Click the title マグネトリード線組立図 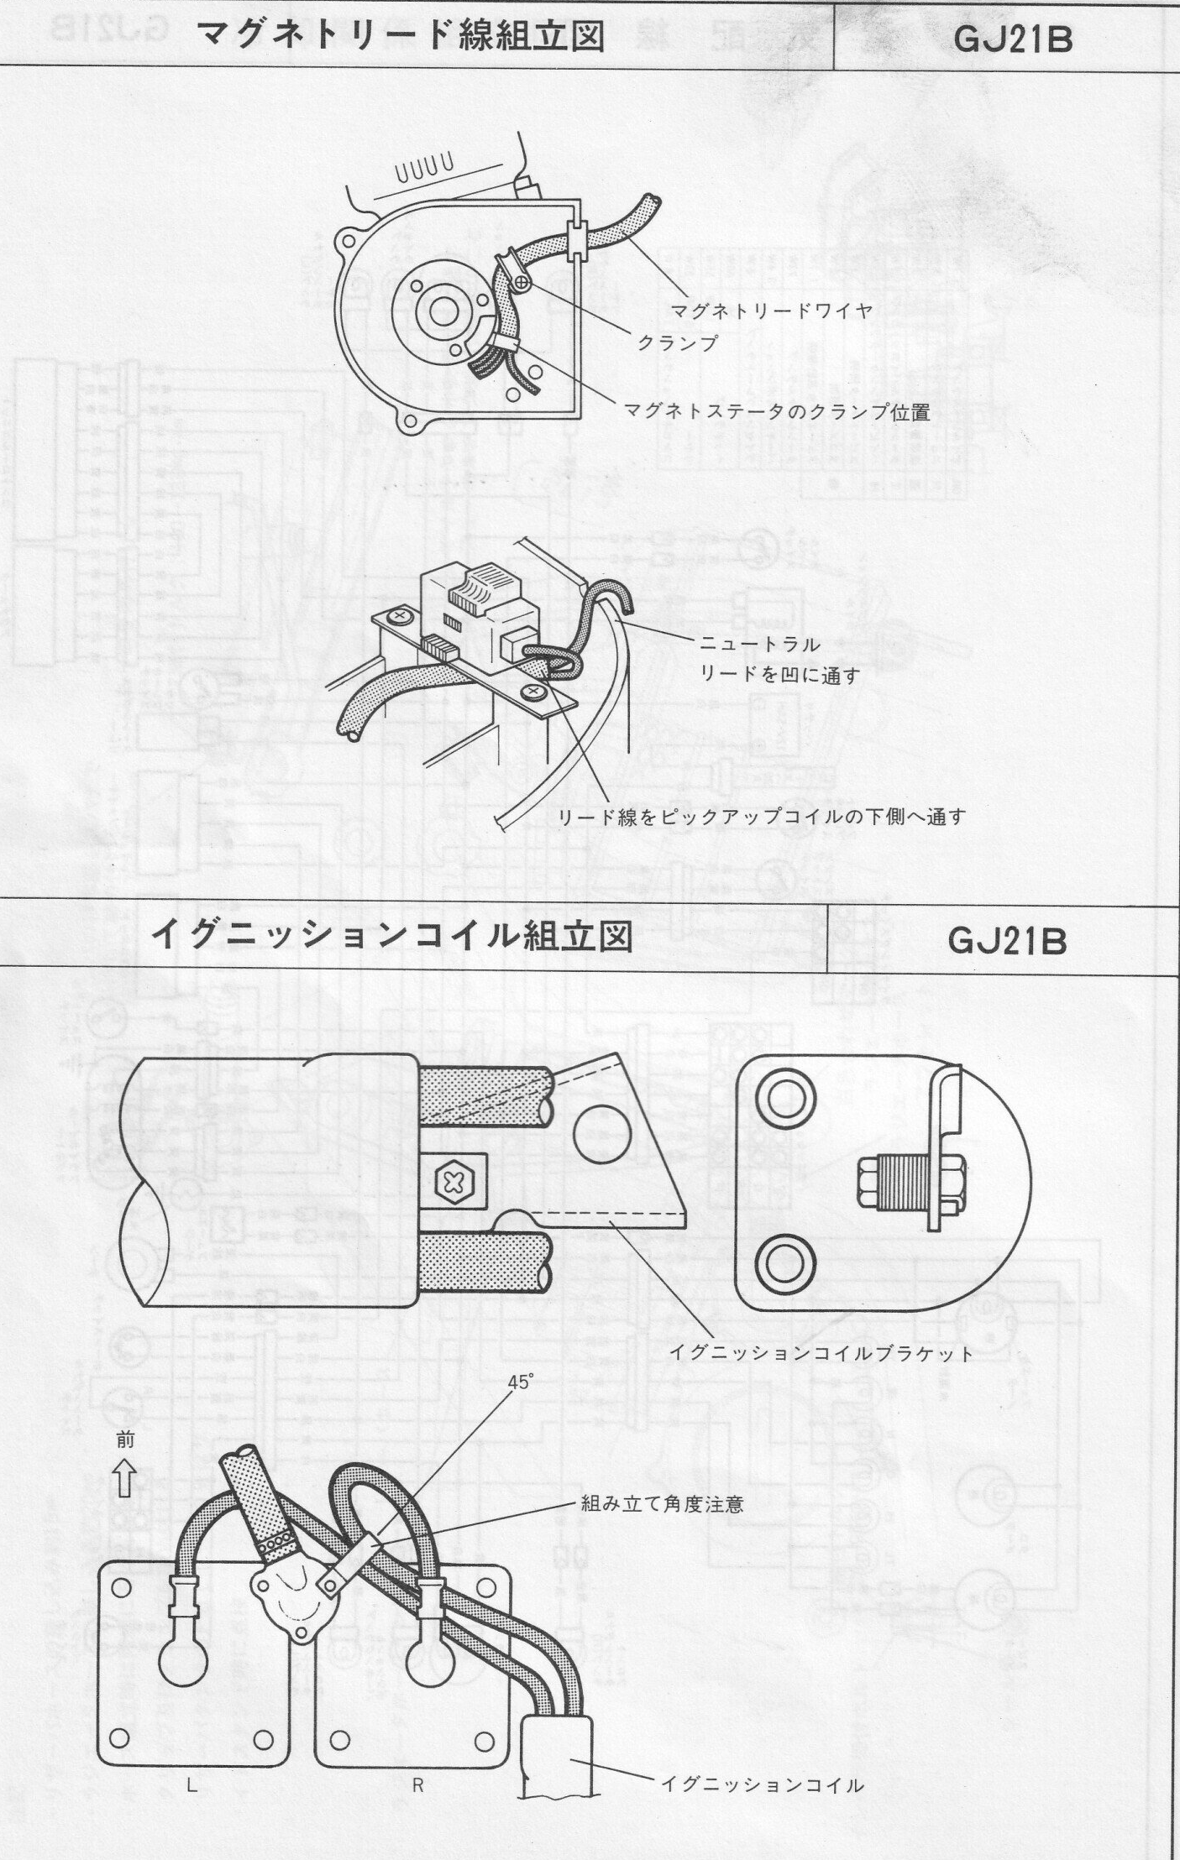(401, 36)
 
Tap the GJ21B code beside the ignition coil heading (1007, 941)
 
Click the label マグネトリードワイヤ (771, 310)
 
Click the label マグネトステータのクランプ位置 (777, 411)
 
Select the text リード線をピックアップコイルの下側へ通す (763, 817)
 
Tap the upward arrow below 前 (125, 1479)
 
